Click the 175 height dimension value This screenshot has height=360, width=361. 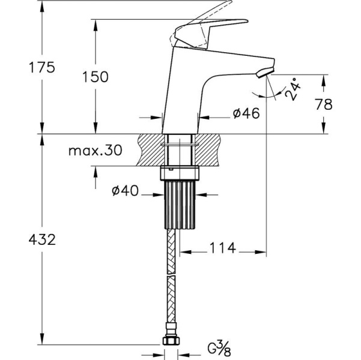[x=42, y=67]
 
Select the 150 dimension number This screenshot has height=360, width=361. [x=96, y=77]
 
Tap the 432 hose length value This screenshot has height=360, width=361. [x=42, y=239]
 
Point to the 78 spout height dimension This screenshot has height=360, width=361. [x=324, y=104]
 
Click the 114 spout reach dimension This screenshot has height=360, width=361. [x=223, y=248]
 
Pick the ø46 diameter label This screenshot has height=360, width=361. [x=246, y=113]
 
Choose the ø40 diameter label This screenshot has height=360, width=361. [x=126, y=190]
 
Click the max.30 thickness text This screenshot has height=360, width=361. [x=96, y=151]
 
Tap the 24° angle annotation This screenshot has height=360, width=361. [x=293, y=89]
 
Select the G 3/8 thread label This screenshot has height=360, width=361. [x=219, y=348]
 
